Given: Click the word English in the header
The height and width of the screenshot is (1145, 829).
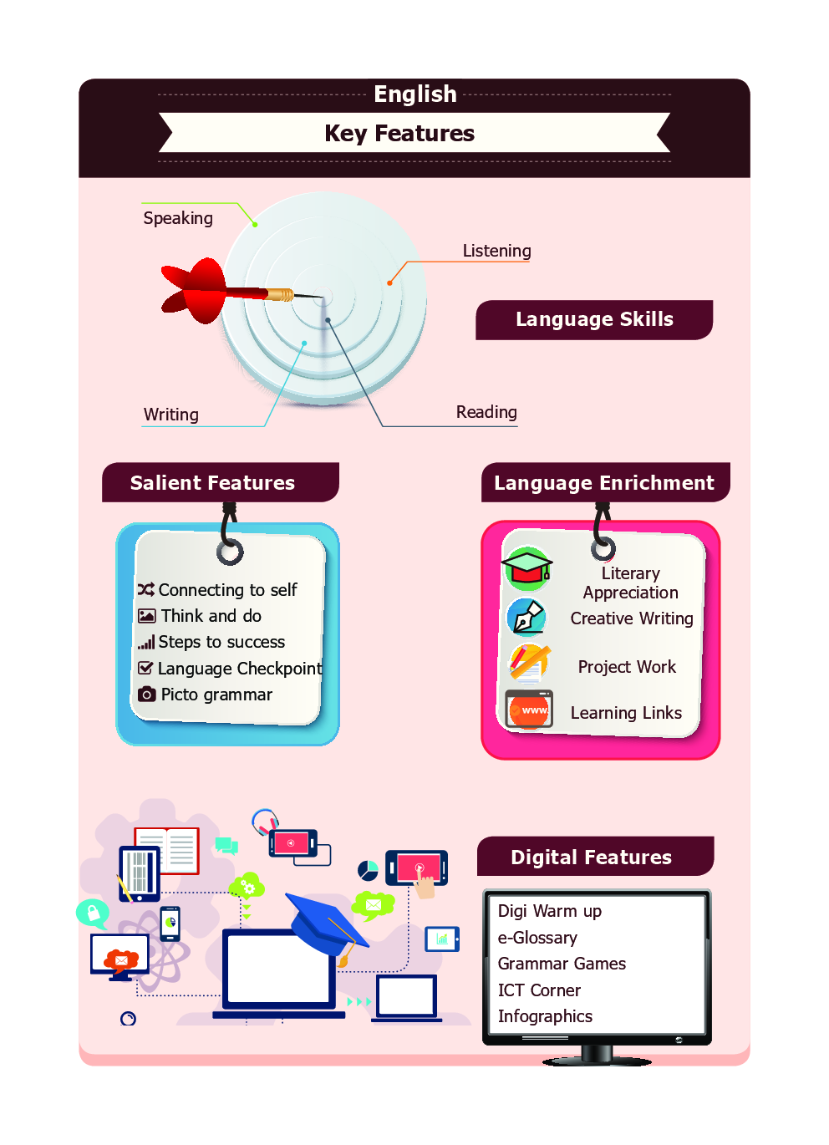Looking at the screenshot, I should [x=414, y=94].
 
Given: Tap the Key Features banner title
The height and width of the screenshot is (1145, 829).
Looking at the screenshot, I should [x=399, y=134].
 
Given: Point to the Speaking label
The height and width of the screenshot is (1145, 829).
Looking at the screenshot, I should [x=178, y=218].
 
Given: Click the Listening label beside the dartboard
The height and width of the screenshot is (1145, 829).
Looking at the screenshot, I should [x=496, y=251].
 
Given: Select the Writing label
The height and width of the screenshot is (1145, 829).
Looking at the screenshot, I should [x=171, y=415].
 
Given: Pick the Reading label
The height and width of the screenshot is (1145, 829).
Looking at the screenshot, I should [x=486, y=412].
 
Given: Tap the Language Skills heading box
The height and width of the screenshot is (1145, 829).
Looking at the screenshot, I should [x=594, y=319].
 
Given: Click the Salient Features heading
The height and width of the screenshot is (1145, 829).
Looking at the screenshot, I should [x=213, y=483].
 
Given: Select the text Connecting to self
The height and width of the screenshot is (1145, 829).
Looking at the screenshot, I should [x=227, y=590].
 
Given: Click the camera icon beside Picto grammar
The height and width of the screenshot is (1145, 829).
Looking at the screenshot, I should [x=147, y=695].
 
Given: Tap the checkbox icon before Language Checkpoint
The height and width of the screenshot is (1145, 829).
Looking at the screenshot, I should [x=145, y=668].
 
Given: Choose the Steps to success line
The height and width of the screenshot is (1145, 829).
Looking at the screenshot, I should [x=221, y=642].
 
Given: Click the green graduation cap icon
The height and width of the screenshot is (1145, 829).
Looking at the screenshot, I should [x=526, y=568].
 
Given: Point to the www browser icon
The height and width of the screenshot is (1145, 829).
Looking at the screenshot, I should [x=529, y=710].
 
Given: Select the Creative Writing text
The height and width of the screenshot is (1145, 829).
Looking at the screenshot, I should [x=632, y=618].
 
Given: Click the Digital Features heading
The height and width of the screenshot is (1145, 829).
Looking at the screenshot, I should [x=591, y=857].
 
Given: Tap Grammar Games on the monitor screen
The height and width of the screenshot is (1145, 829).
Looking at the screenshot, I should [x=562, y=964].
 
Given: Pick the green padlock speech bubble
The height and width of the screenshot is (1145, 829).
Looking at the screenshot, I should [x=92, y=912].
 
